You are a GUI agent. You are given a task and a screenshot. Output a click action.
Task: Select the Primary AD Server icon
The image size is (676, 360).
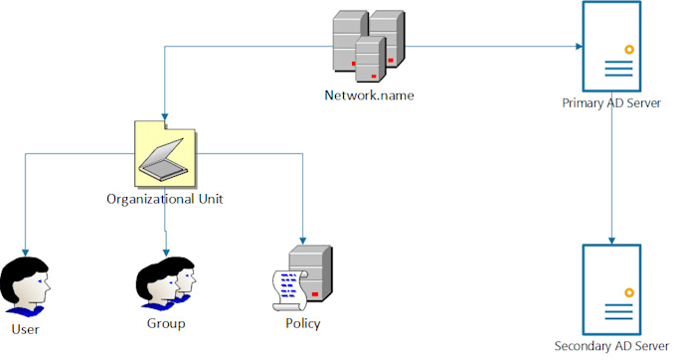(611, 46)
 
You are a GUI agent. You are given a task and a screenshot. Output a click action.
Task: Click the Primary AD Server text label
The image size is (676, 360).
(611, 102)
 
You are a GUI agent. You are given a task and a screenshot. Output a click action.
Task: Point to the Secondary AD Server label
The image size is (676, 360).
(611, 345)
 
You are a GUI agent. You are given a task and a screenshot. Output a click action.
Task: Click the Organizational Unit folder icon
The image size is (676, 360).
(164, 152)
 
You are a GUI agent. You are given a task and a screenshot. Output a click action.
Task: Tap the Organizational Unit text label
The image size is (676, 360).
(164, 199)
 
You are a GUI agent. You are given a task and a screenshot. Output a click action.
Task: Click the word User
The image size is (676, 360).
(25, 328)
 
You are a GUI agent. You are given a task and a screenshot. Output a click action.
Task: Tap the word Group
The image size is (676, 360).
(165, 324)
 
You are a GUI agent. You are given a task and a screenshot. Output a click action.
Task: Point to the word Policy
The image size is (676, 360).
(302, 324)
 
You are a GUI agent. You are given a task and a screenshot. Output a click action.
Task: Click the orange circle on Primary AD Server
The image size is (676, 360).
(629, 49)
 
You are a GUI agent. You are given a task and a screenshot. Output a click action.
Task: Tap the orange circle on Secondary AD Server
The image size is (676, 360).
(629, 291)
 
